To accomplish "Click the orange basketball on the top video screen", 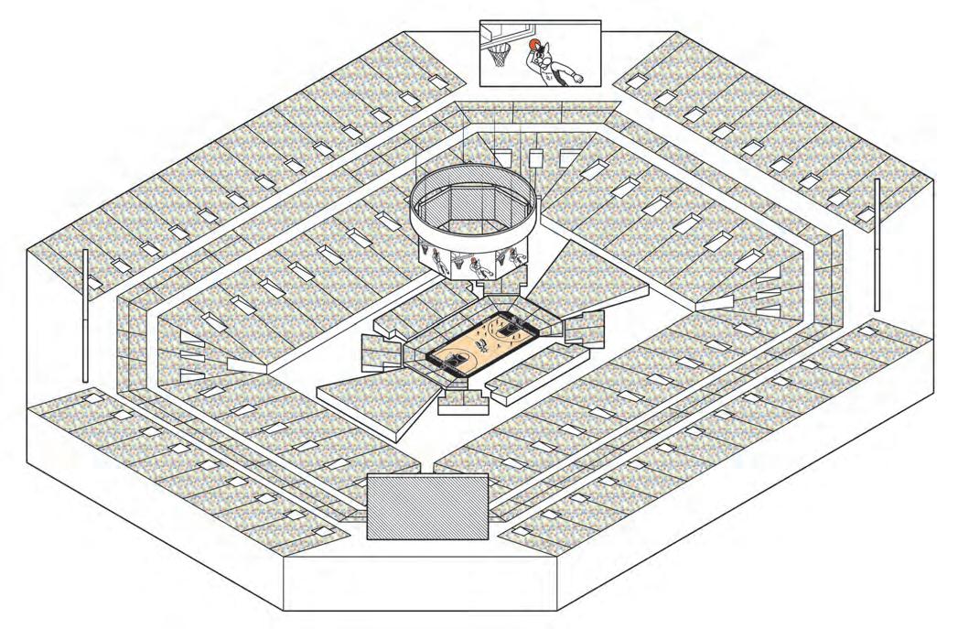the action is (x=534, y=44).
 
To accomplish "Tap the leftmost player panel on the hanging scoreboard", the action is (x=437, y=256).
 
